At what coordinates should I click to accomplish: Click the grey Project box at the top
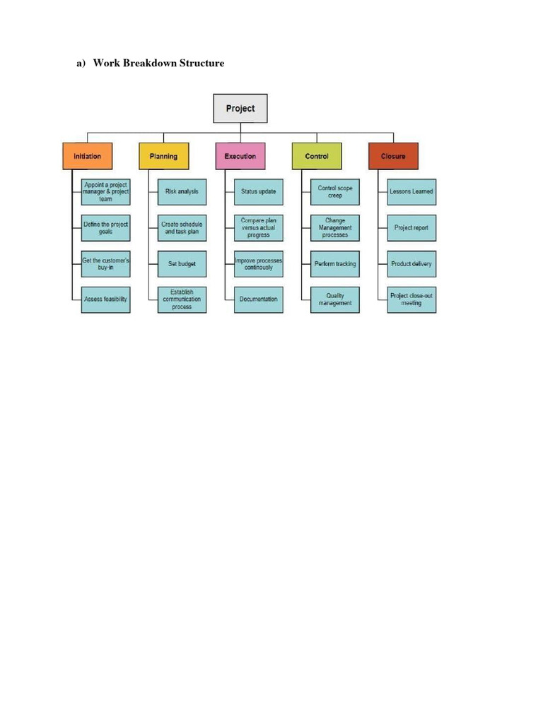tap(240, 109)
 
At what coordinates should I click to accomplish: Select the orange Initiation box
tap(88, 156)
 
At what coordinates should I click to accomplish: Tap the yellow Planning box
tap(164, 156)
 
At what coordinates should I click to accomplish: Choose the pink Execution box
tap(240, 156)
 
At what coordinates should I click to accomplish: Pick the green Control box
tap(317, 156)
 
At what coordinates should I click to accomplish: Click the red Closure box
tap(393, 156)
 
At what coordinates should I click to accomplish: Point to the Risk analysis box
tap(182, 191)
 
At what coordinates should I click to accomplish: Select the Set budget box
tap(182, 264)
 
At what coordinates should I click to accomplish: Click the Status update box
tap(259, 191)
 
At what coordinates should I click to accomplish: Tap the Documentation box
tap(259, 299)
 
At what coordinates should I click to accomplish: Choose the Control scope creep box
tap(335, 191)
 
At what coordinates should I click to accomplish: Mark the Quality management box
tap(335, 299)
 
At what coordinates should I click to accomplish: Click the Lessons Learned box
tap(411, 191)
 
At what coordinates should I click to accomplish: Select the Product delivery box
tap(411, 264)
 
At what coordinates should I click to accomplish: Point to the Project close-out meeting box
tap(411, 299)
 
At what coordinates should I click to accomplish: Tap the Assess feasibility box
tap(105, 299)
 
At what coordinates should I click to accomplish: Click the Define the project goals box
tap(105, 227)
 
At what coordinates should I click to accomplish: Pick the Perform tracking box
tap(335, 264)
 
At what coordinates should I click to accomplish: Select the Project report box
tap(411, 227)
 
